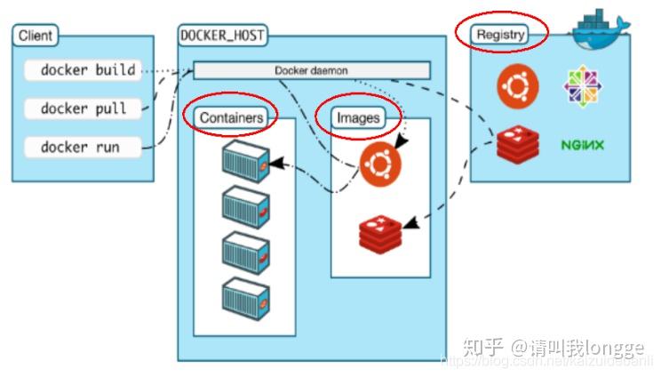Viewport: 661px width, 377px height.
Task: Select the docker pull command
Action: tap(83, 108)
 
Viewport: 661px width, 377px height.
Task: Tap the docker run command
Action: tap(81, 147)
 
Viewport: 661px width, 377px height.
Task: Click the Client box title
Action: tap(35, 36)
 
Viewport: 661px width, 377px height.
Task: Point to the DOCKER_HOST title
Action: tap(222, 36)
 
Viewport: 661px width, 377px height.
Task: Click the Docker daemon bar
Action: tap(311, 70)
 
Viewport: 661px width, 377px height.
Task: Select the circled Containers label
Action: tap(231, 116)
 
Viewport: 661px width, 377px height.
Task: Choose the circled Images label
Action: tap(358, 116)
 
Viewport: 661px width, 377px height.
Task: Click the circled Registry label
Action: tap(501, 35)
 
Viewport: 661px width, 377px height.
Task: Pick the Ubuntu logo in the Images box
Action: tap(379, 163)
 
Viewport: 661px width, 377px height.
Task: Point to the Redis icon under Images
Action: tap(379, 233)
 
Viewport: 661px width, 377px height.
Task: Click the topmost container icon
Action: tap(245, 158)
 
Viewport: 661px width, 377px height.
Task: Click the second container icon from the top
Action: tap(245, 205)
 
